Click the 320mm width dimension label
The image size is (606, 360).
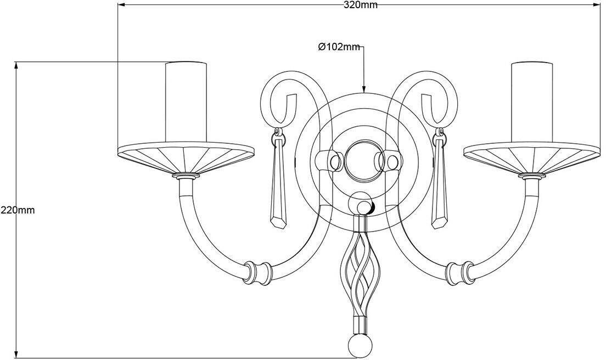(360, 5)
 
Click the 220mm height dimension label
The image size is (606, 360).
(18, 210)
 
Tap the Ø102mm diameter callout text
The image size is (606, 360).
(339, 47)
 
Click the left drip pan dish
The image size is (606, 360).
(186, 159)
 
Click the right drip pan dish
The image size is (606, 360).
(531, 159)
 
